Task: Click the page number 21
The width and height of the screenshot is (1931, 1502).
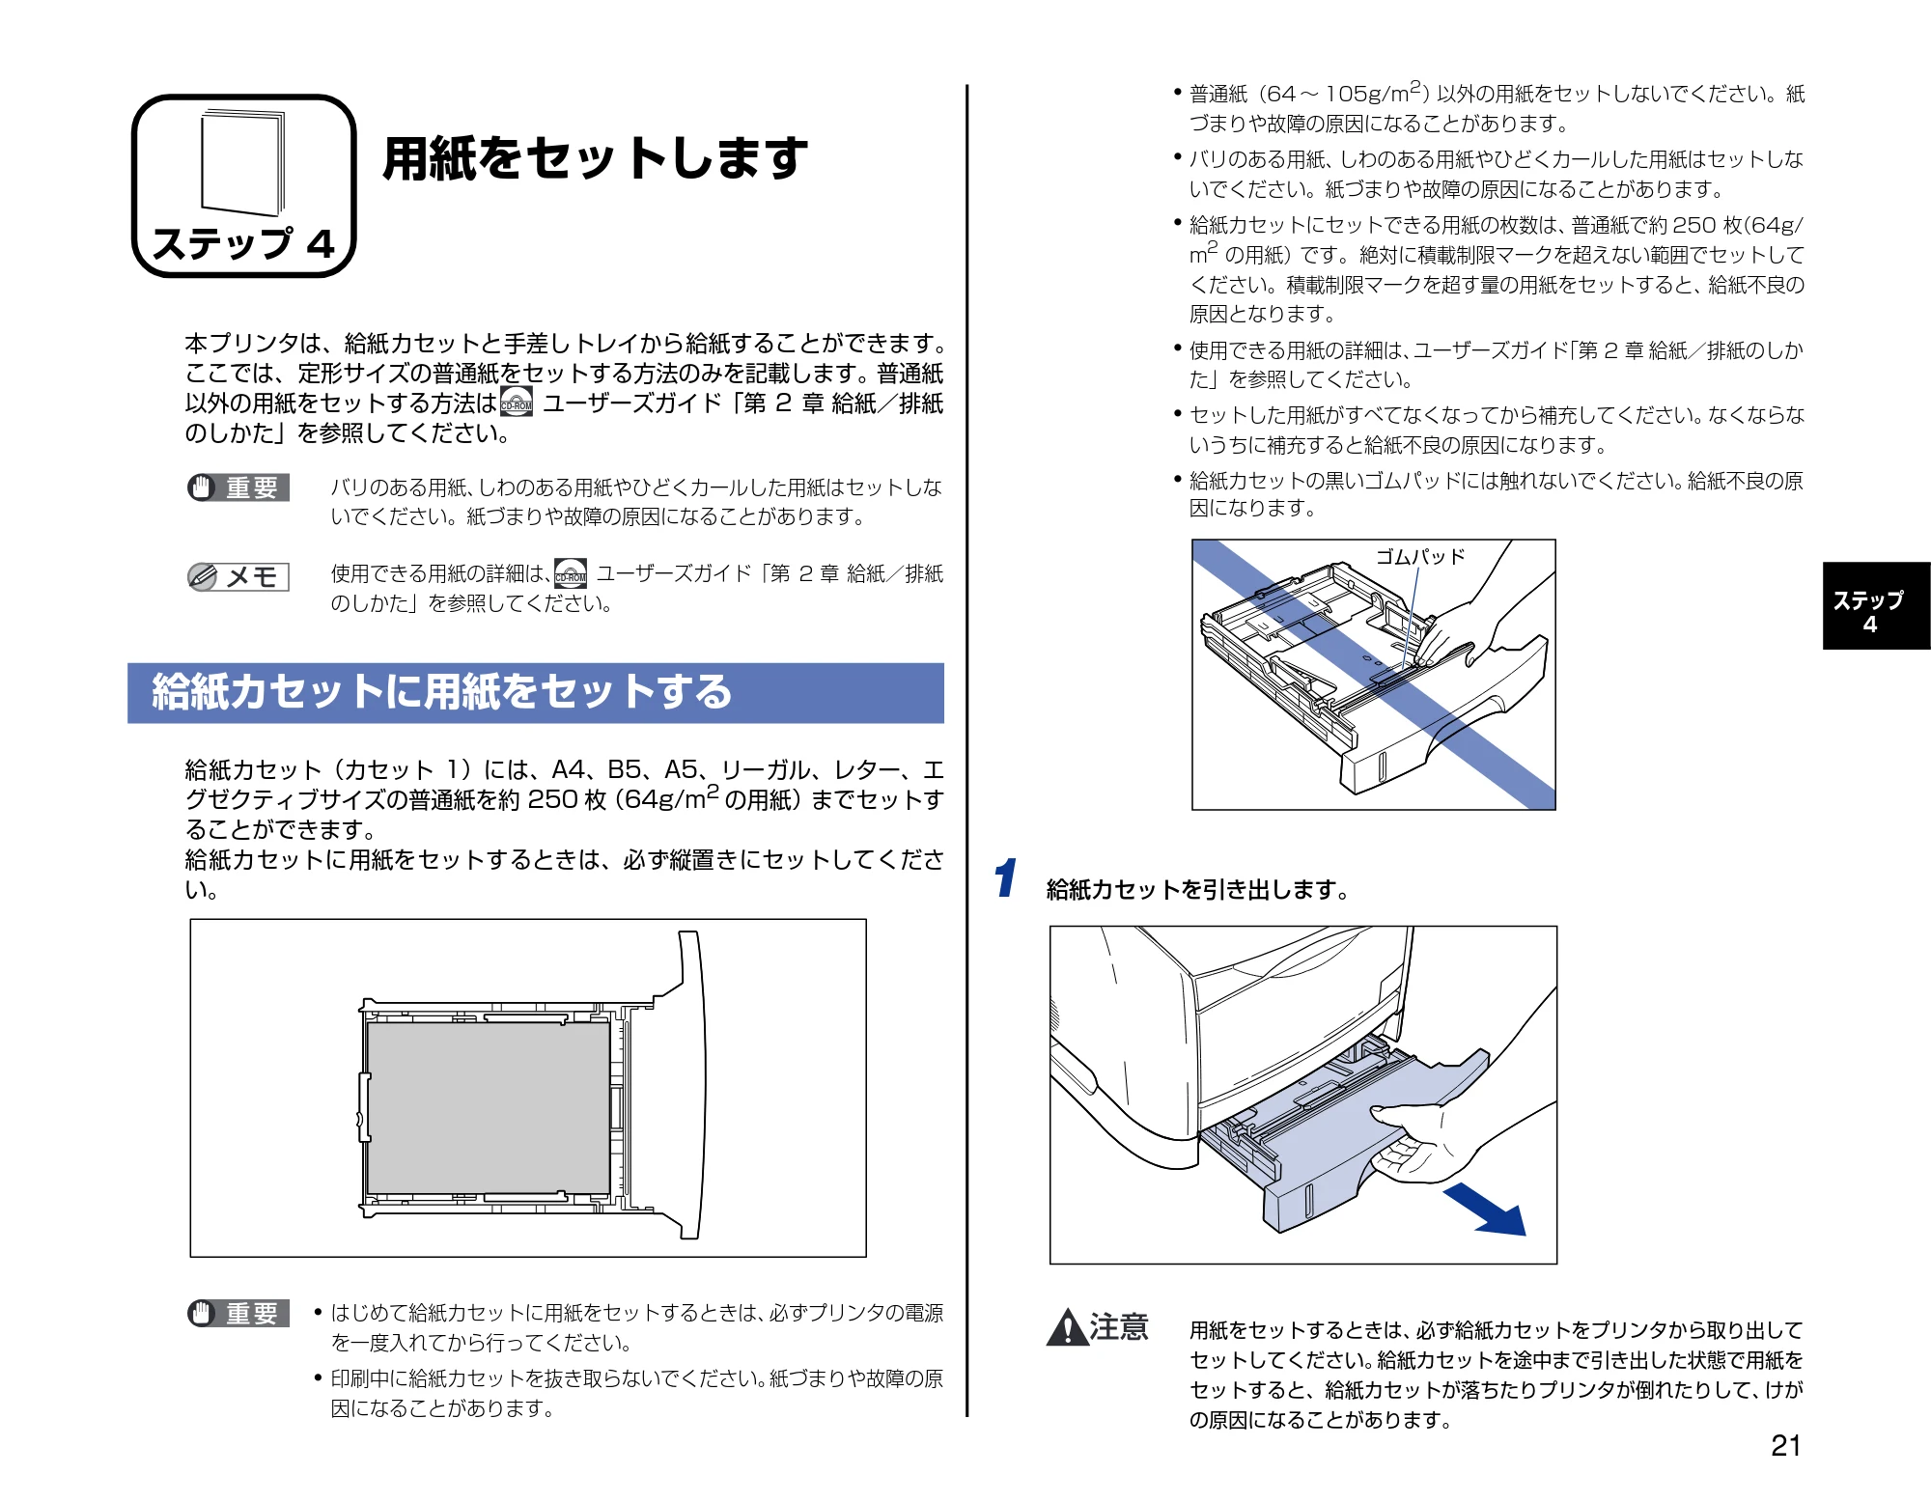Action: [x=1785, y=1445]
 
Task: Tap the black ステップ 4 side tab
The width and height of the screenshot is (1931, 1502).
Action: [x=1876, y=605]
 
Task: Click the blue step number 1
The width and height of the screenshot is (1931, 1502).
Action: [x=1005, y=877]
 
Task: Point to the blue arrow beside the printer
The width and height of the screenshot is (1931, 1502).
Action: [x=1485, y=1210]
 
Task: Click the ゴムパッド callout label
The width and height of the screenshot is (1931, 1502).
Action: [x=1420, y=557]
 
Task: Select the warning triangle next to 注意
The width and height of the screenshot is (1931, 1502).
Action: [x=1068, y=1327]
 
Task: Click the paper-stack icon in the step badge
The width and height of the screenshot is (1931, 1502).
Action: [x=243, y=162]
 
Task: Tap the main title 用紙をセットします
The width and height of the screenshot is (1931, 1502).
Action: [x=595, y=158]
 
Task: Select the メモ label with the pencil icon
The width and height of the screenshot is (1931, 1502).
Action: [x=238, y=577]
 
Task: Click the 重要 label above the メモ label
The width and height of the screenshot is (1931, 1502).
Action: [x=238, y=488]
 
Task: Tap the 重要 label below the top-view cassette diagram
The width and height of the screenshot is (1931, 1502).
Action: [x=238, y=1314]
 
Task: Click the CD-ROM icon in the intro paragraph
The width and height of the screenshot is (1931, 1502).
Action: [x=517, y=402]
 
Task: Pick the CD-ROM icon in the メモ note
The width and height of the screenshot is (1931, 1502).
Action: [x=571, y=573]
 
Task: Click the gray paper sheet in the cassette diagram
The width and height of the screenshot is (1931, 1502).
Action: [x=489, y=1107]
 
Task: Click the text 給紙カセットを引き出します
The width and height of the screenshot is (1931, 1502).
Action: [x=1198, y=889]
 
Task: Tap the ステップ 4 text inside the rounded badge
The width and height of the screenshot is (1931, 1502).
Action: [x=243, y=243]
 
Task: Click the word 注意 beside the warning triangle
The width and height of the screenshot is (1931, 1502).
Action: [x=1120, y=1327]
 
